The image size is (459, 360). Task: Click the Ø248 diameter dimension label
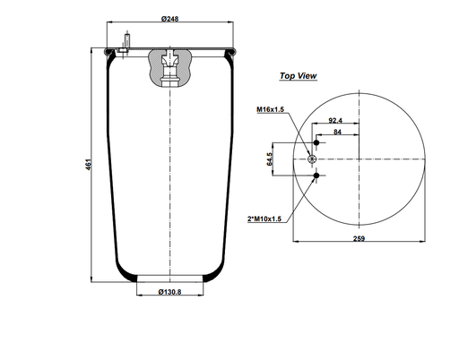point(169,19)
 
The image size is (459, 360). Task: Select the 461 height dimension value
point(89,165)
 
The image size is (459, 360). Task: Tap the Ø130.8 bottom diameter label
point(169,292)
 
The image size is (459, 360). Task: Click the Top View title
point(298,76)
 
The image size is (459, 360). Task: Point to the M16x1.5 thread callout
point(270,109)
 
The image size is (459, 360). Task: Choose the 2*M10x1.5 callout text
point(264,219)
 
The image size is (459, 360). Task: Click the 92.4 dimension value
point(335,120)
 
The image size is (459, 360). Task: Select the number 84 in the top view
point(337,132)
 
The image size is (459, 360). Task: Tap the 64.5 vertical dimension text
point(270,159)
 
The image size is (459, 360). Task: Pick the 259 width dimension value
point(359,238)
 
